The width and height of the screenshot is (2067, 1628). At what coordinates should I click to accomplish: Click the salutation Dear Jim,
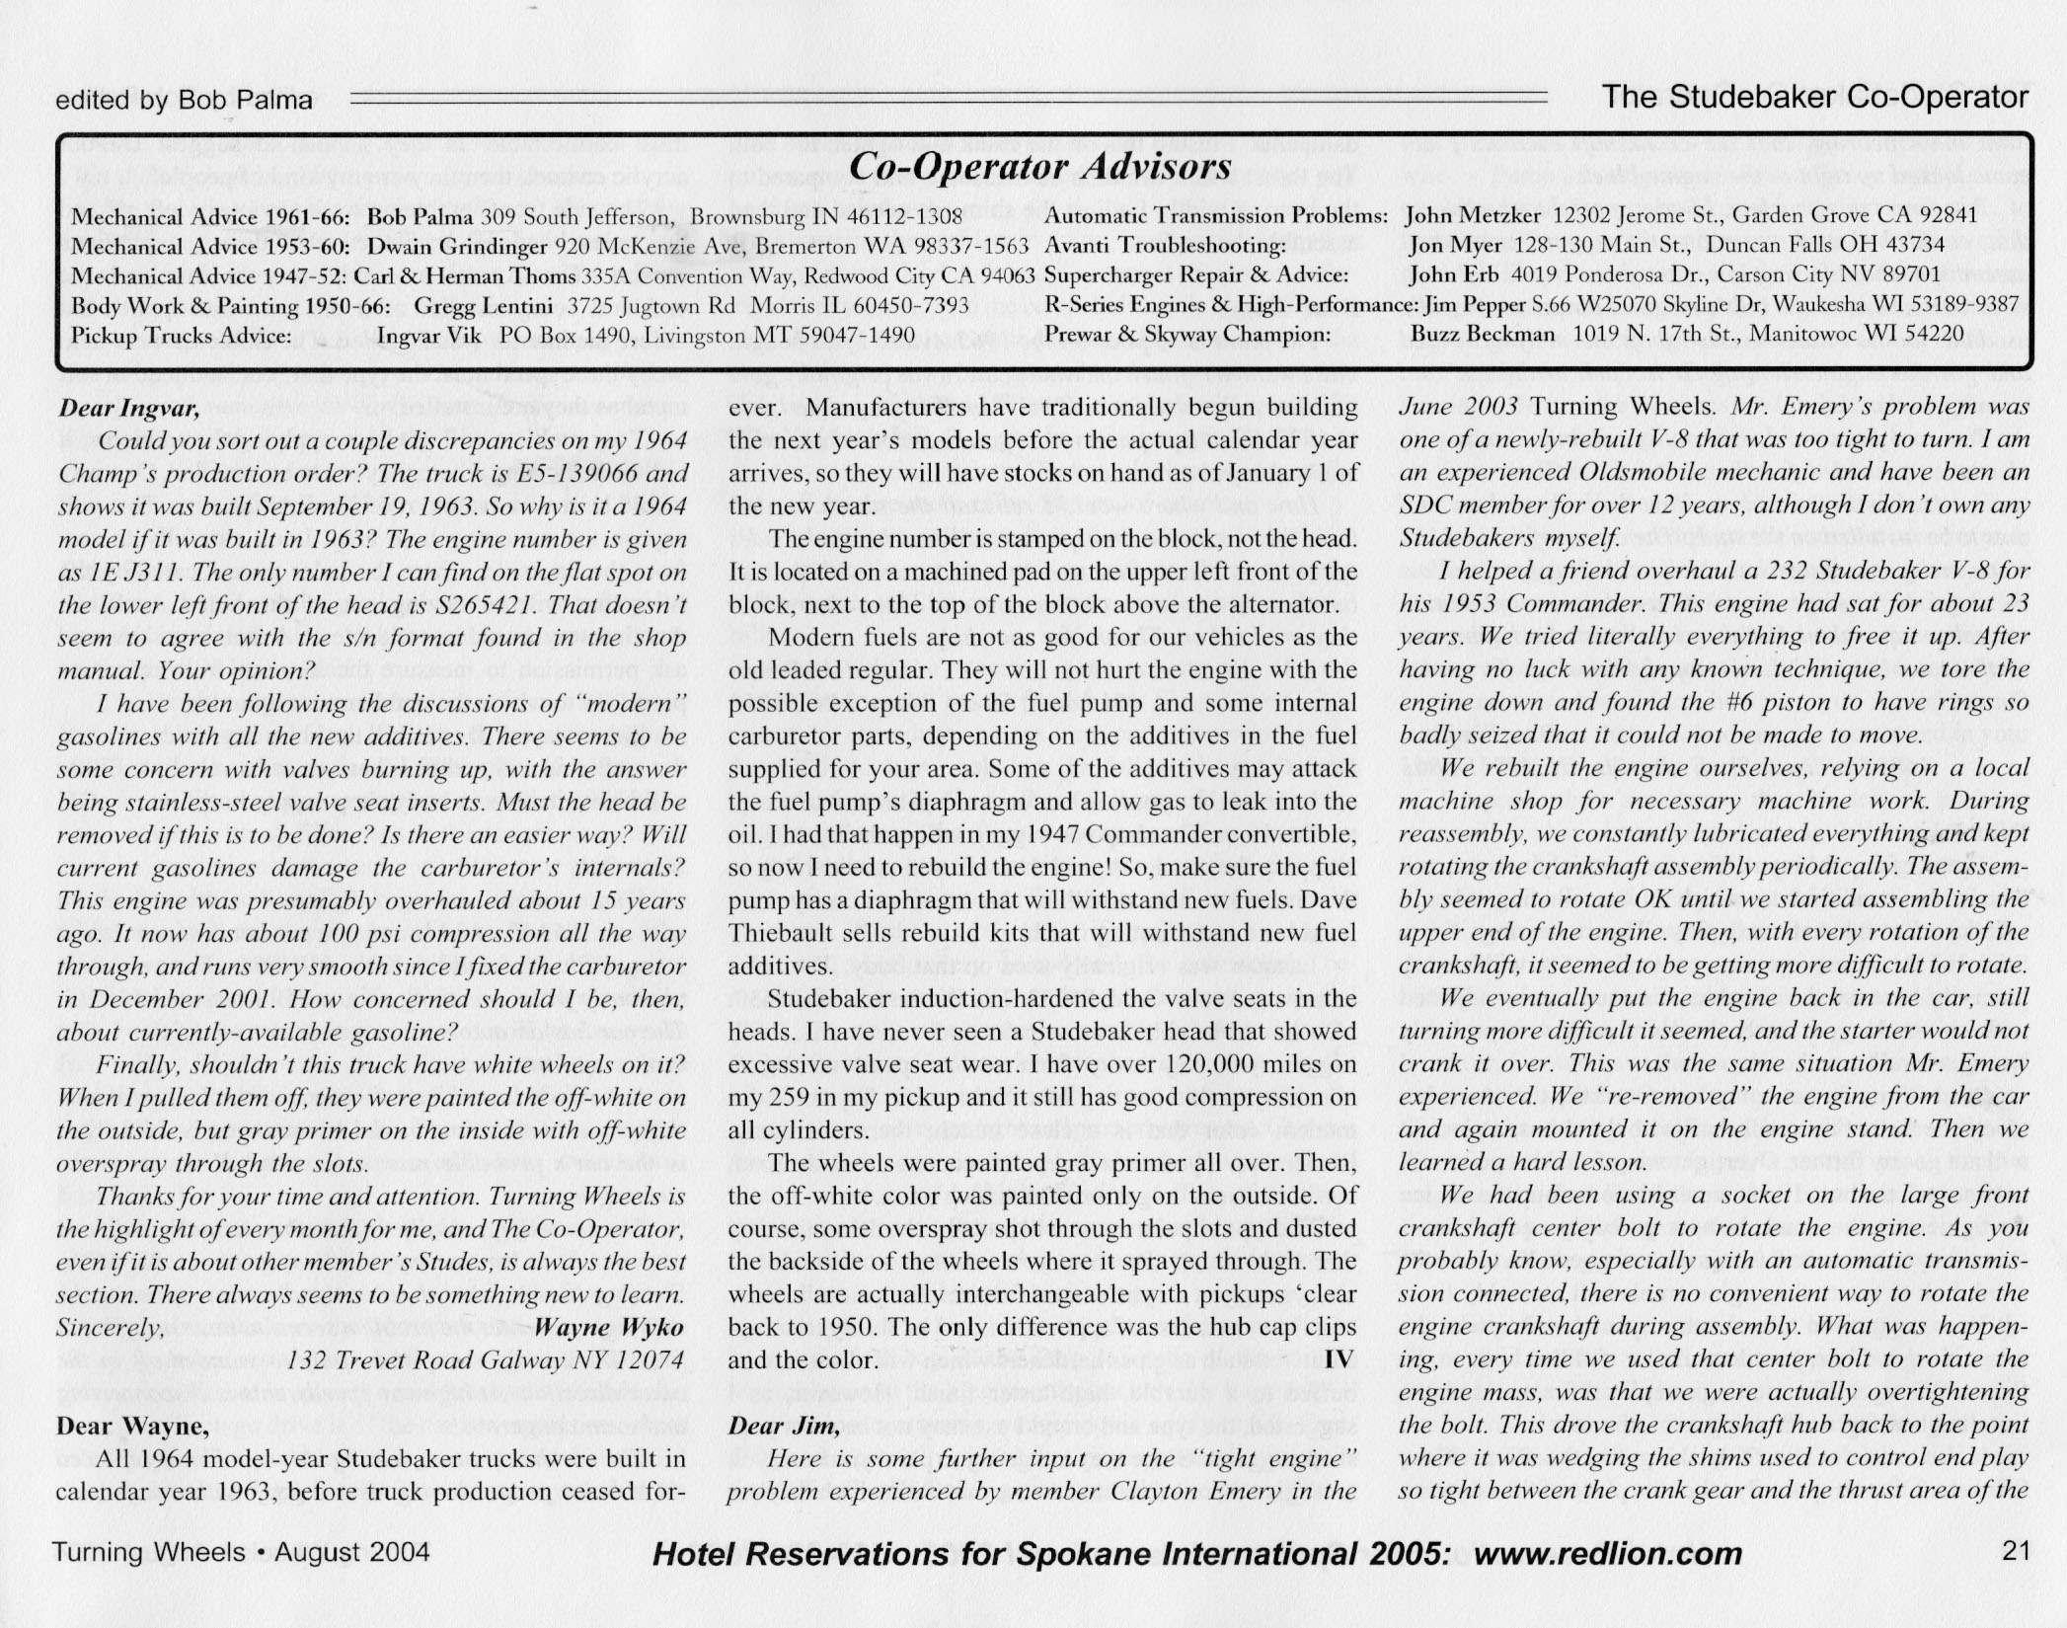coord(784,1426)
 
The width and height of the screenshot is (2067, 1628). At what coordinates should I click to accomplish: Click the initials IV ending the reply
coord(1338,1360)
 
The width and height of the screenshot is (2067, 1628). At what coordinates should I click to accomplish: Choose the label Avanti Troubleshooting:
coord(1165,245)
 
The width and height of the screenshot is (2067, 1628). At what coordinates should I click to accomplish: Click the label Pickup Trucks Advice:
coord(181,335)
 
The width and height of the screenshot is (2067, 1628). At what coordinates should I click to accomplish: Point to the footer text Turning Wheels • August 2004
coord(241,1552)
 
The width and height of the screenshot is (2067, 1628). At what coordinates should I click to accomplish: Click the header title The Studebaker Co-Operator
coord(1815,97)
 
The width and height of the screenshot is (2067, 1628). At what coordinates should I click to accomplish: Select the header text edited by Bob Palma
coord(185,100)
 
